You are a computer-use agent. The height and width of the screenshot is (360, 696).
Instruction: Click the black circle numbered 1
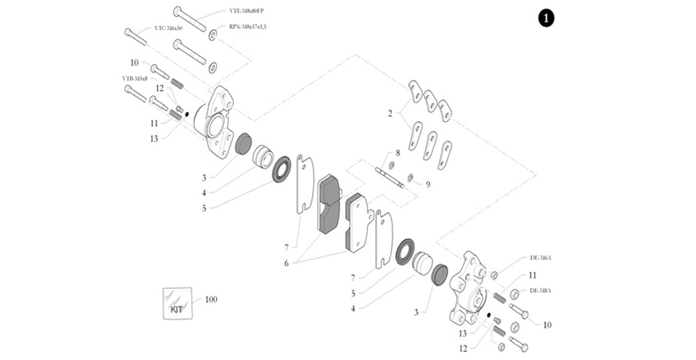545,19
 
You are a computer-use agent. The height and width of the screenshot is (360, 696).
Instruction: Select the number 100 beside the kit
211,299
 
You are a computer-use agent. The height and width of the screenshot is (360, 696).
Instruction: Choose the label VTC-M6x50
168,28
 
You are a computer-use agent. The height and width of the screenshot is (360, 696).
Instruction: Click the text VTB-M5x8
135,78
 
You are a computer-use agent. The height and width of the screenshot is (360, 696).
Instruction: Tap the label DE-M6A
540,257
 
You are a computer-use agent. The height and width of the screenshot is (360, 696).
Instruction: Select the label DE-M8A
540,290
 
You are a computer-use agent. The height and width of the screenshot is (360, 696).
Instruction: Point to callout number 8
397,154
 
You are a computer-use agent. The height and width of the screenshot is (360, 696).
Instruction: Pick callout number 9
428,184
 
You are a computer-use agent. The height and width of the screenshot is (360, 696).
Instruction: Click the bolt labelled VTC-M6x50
136,37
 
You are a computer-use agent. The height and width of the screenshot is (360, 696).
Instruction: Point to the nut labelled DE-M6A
494,275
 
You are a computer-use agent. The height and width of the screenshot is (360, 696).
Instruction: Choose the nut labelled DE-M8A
514,294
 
